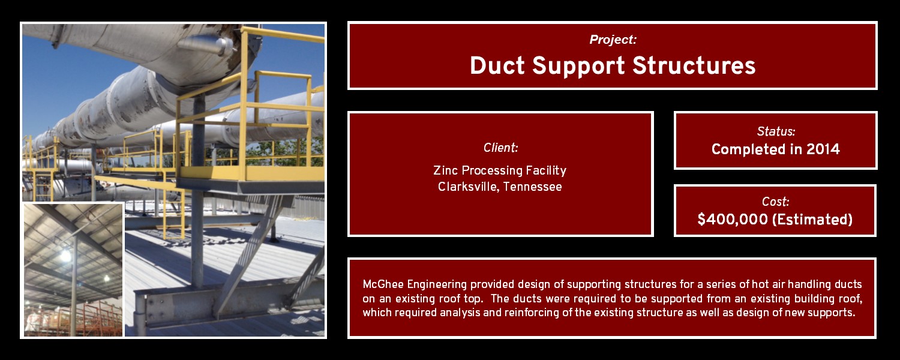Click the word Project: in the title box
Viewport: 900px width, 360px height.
click(x=613, y=40)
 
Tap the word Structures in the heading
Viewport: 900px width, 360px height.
click(x=694, y=65)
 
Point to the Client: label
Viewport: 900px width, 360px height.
click(x=500, y=148)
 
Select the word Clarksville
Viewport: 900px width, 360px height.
click(x=468, y=187)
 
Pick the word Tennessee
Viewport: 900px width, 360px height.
click(x=532, y=187)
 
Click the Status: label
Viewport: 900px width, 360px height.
click(x=776, y=131)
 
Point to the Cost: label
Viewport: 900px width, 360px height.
click(x=775, y=202)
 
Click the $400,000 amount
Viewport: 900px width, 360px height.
click(x=733, y=220)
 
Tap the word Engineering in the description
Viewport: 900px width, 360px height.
click(x=437, y=285)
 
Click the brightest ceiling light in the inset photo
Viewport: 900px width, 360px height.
click(x=65, y=255)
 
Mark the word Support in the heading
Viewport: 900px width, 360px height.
click(x=578, y=66)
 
